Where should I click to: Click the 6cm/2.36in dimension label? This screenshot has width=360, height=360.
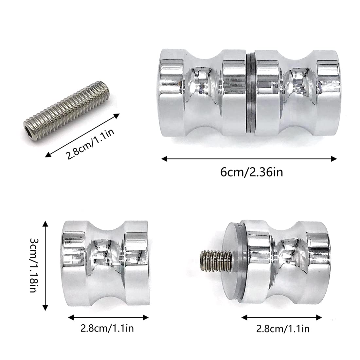coord(252,172)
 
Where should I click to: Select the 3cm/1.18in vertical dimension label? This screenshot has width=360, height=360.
coord(34,265)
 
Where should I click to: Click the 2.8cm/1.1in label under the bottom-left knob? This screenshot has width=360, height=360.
coord(107,328)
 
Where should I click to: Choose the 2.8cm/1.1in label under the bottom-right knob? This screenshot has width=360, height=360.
coord(283,329)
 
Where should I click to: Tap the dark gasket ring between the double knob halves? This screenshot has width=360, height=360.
coord(251,93)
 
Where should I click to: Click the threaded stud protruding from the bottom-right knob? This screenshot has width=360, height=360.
coord(216,261)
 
